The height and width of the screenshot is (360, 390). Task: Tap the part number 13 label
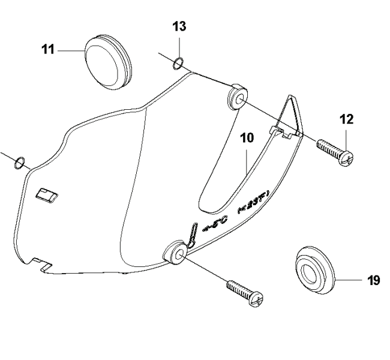tap(178, 27)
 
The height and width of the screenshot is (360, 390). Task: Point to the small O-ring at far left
tap(20, 161)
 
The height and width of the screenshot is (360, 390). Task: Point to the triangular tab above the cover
tap(290, 117)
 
